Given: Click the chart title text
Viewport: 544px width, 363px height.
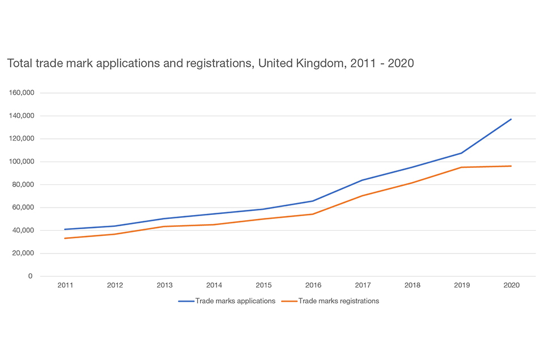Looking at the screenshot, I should pos(210,64).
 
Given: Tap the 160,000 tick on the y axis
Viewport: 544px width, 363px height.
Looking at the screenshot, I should pos(21,93).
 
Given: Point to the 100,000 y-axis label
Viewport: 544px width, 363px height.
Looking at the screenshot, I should pos(21,162).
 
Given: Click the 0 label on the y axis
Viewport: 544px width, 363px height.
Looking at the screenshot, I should pos(30,276).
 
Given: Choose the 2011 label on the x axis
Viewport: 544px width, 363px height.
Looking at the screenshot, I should pos(65,285).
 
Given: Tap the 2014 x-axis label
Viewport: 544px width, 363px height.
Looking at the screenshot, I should pos(214,285).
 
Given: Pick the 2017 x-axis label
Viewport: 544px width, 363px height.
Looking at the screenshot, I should pos(362,285).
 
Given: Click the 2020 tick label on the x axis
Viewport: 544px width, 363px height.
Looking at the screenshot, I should pos(511,285).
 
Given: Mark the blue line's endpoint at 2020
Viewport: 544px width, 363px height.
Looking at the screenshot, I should pos(511,119).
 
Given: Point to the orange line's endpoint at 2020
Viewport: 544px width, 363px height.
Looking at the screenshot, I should pos(511,166).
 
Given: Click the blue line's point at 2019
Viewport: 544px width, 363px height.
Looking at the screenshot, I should pos(461,153).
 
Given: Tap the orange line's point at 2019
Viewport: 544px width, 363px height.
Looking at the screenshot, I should pos(461,167).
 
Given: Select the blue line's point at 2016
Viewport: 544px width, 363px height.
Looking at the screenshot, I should pos(313,201).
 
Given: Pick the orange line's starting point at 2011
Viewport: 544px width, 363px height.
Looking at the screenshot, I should pos(65,238).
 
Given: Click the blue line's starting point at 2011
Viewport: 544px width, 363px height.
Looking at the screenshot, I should pos(65,229).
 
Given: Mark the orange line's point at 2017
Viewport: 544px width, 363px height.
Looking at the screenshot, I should pos(362,196).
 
